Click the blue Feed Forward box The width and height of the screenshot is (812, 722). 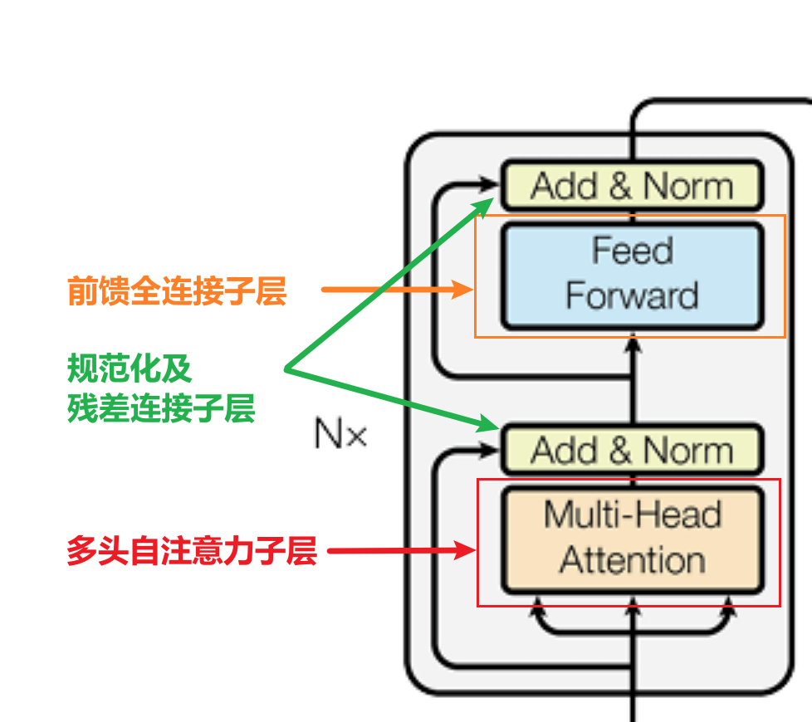click(631, 276)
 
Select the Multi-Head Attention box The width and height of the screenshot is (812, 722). click(631, 539)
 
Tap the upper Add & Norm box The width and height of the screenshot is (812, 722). click(631, 186)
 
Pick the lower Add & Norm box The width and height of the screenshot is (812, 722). click(631, 451)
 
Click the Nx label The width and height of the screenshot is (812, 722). click(340, 433)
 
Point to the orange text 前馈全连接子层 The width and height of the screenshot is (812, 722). click(177, 291)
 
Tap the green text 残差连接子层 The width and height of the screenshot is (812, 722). click(161, 407)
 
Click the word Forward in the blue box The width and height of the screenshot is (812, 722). click(632, 296)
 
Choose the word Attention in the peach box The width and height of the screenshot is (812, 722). click(633, 560)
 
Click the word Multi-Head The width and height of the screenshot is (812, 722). click(633, 515)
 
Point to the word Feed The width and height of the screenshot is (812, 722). click(633, 251)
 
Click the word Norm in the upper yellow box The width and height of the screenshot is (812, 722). click(688, 186)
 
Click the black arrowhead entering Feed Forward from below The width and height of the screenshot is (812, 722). click(633, 339)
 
